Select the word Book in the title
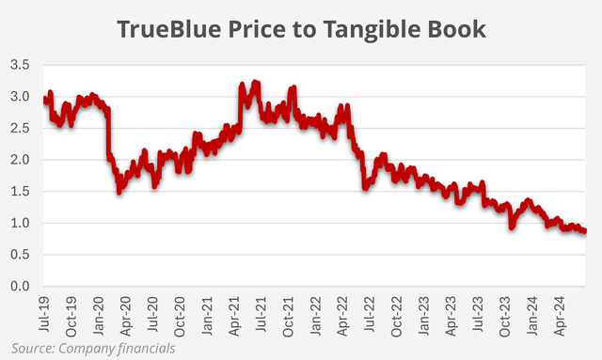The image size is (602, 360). click(x=458, y=29)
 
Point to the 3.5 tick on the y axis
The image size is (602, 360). click(x=22, y=65)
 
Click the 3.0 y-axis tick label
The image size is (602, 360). click(x=22, y=97)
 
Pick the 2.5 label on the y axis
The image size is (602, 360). click(x=22, y=128)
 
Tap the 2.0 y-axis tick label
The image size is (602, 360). click(x=22, y=160)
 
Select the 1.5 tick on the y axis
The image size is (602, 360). click(x=22, y=192)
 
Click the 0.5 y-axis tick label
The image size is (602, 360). click(x=22, y=255)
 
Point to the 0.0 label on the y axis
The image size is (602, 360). click(x=22, y=286)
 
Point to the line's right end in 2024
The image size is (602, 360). click(x=585, y=231)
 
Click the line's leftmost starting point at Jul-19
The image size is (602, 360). click(x=44, y=98)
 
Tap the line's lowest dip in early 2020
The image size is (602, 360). click(x=119, y=191)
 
